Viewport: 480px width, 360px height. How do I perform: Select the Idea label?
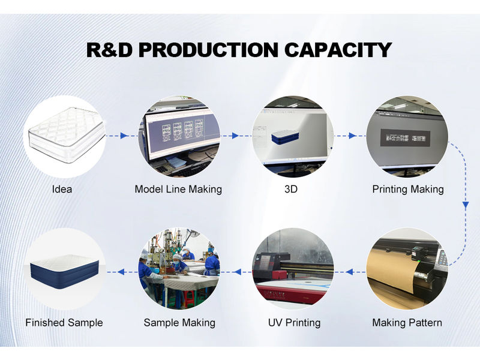(62, 189)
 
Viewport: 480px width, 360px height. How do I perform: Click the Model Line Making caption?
(178, 189)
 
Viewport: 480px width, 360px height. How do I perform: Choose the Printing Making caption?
(408, 189)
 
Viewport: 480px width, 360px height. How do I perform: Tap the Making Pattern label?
(407, 323)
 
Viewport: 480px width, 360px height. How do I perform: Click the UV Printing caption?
(294, 323)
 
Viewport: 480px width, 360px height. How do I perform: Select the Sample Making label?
(179, 323)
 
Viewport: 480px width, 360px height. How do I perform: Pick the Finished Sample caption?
(64, 323)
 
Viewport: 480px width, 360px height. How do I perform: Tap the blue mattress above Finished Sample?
(64, 269)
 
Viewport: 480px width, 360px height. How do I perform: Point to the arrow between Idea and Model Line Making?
(124, 136)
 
